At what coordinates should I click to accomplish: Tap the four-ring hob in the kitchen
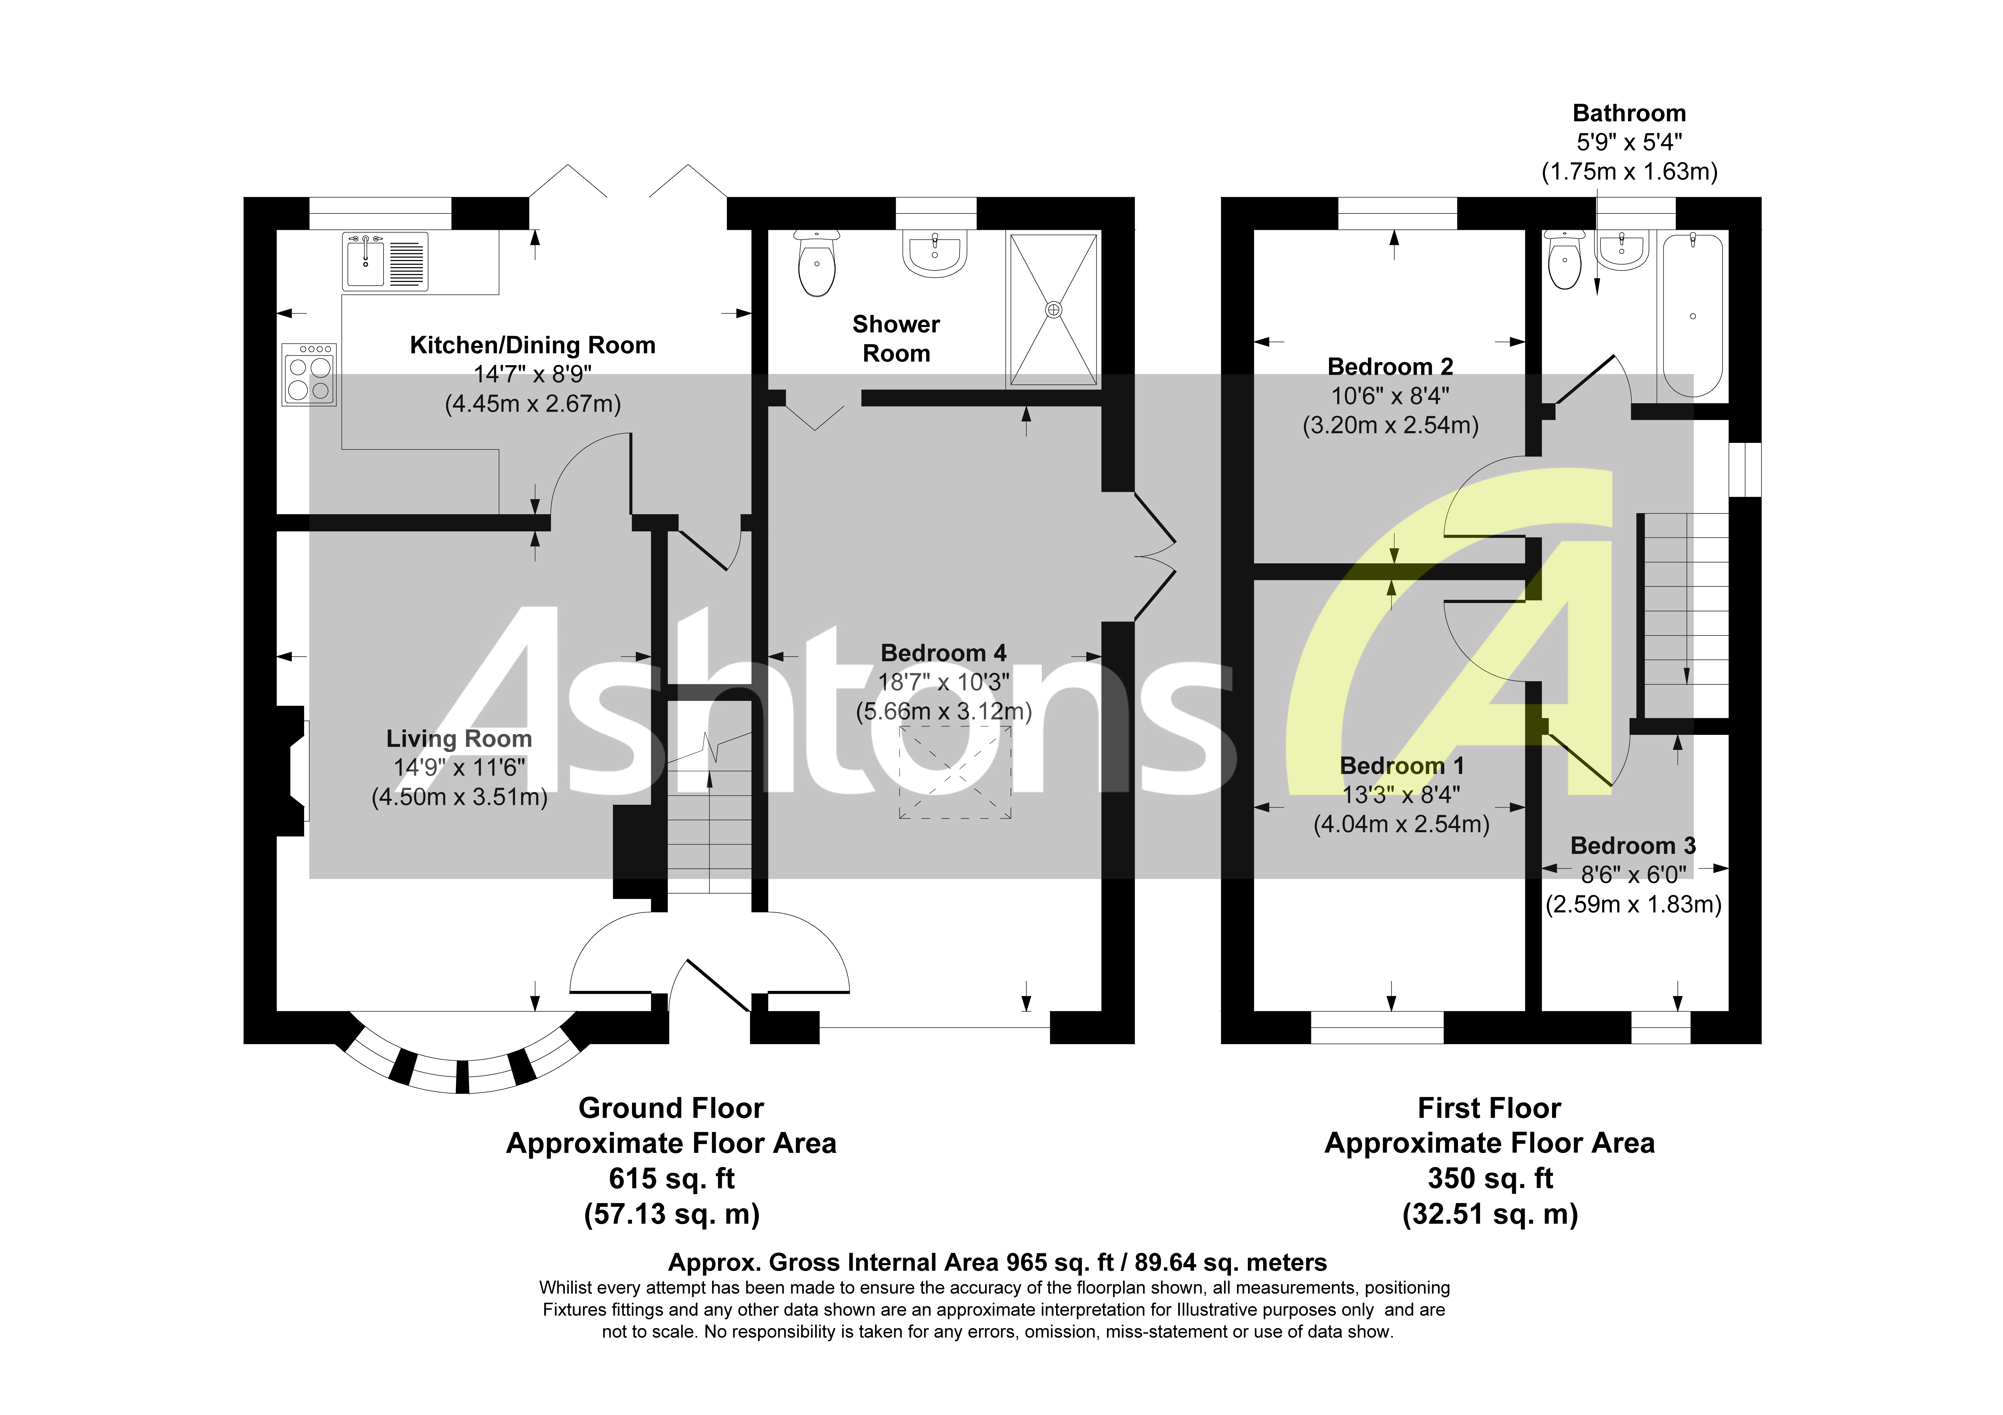(x=309, y=374)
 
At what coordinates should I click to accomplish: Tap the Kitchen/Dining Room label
(x=532, y=345)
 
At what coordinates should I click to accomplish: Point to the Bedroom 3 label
(x=1632, y=845)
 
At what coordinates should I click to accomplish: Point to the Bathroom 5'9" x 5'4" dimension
(x=1629, y=142)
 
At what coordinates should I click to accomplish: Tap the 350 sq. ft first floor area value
(x=1490, y=1179)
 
